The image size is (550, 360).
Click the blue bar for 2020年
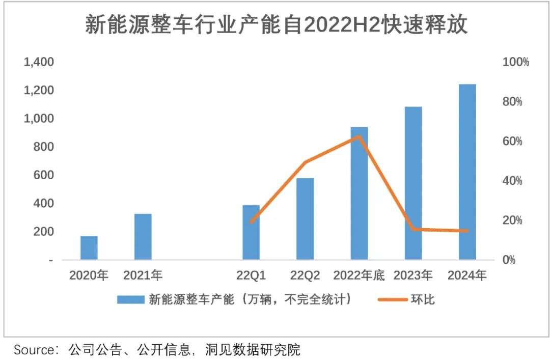click(x=89, y=248)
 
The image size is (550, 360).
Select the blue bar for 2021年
click(x=143, y=237)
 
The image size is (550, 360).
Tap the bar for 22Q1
click(x=251, y=232)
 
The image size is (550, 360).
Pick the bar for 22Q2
click(x=305, y=219)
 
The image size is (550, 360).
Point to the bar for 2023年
click(x=413, y=183)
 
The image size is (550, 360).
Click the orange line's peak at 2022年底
click(x=359, y=136)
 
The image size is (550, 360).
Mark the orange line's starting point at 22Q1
click(x=251, y=222)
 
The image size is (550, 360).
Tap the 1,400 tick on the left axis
click(x=39, y=62)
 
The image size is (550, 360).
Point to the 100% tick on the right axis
click(x=515, y=62)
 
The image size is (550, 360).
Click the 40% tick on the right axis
click(x=512, y=181)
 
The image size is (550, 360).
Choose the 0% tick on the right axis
click(x=509, y=260)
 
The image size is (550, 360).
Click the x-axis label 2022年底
click(x=359, y=275)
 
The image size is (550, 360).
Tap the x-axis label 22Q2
click(x=305, y=275)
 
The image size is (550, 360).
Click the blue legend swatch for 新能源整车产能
click(x=131, y=299)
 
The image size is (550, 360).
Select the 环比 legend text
click(x=423, y=299)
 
